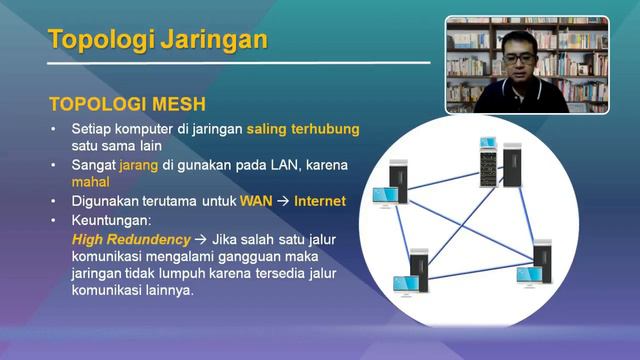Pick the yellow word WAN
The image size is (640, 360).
click(x=256, y=200)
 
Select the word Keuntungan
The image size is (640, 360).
click(x=111, y=218)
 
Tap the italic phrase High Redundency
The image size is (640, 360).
click(x=131, y=240)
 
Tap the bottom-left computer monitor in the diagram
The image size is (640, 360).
click(x=405, y=285)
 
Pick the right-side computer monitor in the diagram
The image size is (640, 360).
click(x=529, y=273)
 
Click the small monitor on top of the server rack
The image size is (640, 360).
click(x=488, y=143)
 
